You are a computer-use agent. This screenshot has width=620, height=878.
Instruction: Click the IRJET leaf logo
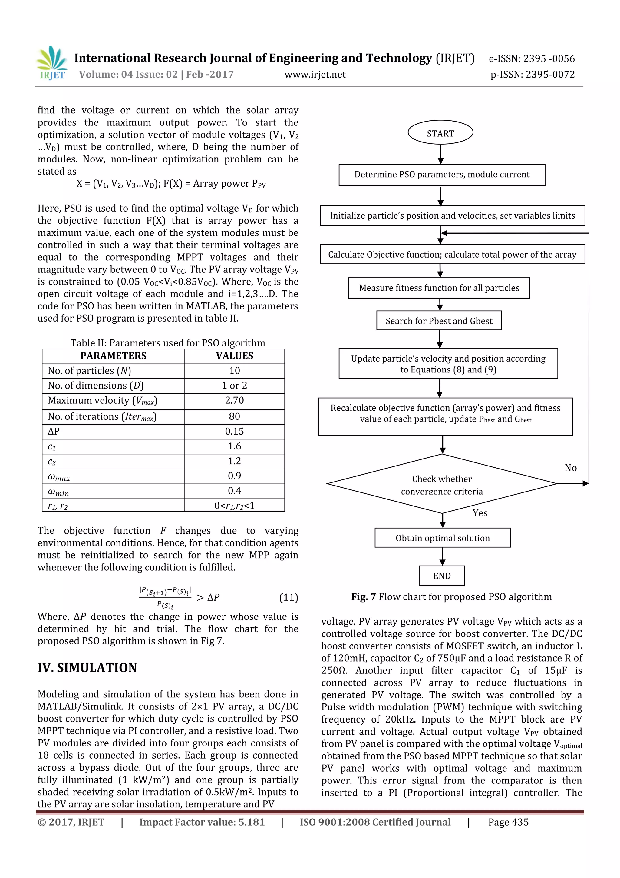52,62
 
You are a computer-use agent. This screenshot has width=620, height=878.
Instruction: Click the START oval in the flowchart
440,133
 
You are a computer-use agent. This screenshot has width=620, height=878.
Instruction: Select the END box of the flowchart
442,576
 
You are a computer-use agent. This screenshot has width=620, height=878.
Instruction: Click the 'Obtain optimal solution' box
442,538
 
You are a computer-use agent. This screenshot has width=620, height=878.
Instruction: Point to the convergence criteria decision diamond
442,484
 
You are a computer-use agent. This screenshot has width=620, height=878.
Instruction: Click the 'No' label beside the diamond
570,468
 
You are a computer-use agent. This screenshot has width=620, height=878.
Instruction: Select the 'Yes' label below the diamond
480,513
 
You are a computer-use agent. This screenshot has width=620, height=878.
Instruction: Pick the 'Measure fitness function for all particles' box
439,288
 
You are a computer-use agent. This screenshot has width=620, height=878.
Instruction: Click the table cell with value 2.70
234,400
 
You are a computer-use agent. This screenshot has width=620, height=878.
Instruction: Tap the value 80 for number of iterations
234,416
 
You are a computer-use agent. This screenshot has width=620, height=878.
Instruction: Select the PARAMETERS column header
113,356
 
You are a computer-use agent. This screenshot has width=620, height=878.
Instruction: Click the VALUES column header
234,356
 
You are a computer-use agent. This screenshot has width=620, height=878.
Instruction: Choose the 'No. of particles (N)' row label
89,371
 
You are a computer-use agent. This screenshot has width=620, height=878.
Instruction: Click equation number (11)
289,597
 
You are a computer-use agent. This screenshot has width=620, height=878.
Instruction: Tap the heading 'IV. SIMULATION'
87,668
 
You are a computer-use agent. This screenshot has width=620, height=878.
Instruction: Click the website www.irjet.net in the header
315,74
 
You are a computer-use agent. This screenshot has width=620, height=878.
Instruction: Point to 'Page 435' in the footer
508,822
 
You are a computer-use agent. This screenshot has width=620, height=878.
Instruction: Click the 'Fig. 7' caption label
363,596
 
